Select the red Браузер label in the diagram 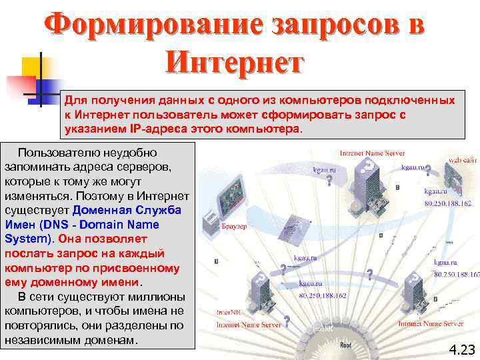(x=234, y=227)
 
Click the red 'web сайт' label (x=462, y=160)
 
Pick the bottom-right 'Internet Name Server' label (x=431, y=323)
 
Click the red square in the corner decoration (x=21, y=85)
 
